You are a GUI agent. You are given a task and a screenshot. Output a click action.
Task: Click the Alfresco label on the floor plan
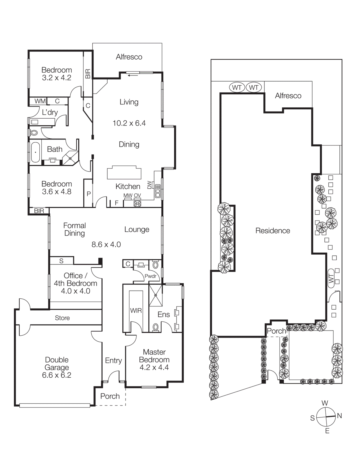click(x=129, y=57)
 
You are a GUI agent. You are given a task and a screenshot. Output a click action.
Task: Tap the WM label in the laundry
click(x=40, y=101)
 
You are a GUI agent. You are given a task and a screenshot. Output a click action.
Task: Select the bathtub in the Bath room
click(x=36, y=152)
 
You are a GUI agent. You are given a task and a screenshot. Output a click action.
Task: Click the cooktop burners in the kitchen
click(x=137, y=204)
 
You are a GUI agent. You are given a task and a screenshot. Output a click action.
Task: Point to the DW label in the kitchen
click(x=149, y=185)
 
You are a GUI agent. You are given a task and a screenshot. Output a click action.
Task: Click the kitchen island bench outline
click(x=124, y=173)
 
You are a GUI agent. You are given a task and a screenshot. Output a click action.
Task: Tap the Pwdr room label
click(x=150, y=276)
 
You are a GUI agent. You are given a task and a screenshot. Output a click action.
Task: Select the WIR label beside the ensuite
click(x=136, y=311)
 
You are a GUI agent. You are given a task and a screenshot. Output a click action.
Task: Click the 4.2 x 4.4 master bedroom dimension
click(x=154, y=368)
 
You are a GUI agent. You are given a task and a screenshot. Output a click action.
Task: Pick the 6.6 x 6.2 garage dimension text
click(x=57, y=375)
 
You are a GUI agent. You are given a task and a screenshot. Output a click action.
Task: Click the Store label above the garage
click(x=62, y=318)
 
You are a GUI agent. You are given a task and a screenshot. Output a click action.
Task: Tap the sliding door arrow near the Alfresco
click(x=133, y=76)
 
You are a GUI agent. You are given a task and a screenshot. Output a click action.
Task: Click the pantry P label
click(x=89, y=194)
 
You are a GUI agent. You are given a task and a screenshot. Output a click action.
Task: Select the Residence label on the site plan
click(x=273, y=231)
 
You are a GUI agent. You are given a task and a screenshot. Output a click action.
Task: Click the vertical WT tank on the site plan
click(x=331, y=278)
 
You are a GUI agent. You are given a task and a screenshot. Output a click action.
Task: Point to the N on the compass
click(x=339, y=416)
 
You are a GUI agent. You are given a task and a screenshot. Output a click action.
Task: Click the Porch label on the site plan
click(x=276, y=331)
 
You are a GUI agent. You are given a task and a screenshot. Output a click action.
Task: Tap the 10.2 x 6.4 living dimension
click(x=129, y=123)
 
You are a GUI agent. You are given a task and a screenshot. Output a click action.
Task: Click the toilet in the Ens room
click(x=156, y=327)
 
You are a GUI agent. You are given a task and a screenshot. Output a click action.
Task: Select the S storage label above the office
click(x=61, y=261)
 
